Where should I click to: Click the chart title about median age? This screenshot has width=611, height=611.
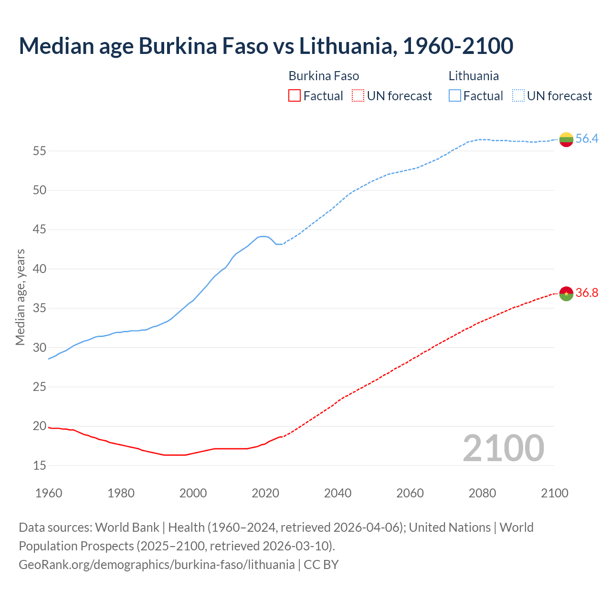[x=266, y=46]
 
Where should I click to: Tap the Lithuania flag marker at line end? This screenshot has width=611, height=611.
[x=566, y=139]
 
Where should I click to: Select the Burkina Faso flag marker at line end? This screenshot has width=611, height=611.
[x=566, y=293]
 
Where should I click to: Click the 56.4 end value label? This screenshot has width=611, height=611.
[x=587, y=139]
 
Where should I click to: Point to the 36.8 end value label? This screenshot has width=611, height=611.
[x=587, y=293]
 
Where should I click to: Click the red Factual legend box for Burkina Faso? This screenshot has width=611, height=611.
[x=295, y=96]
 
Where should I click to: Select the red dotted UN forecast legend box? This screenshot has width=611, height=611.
[x=358, y=96]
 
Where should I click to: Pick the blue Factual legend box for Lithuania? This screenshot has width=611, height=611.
[x=455, y=96]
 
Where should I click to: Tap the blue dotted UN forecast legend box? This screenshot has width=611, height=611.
[x=518, y=96]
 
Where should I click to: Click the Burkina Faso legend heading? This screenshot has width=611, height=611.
[x=324, y=76]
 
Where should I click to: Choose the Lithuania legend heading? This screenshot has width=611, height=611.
[x=474, y=76]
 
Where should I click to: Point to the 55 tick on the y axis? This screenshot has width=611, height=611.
[x=40, y=151]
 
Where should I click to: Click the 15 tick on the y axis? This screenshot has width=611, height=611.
[x=40, y=465]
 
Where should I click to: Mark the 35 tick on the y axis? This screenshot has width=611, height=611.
[x=40, y=308]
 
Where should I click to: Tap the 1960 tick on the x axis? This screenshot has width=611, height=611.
[x=49, y=493]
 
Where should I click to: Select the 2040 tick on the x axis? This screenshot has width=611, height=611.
[x=337, y=493]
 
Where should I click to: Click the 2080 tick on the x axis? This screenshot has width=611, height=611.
[x=482, y=493]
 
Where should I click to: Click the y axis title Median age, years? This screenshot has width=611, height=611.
[x=20, y=297]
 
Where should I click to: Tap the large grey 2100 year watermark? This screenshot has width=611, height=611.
[x=503, y=448]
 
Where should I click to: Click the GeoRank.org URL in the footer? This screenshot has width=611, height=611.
[x=157, y=565]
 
